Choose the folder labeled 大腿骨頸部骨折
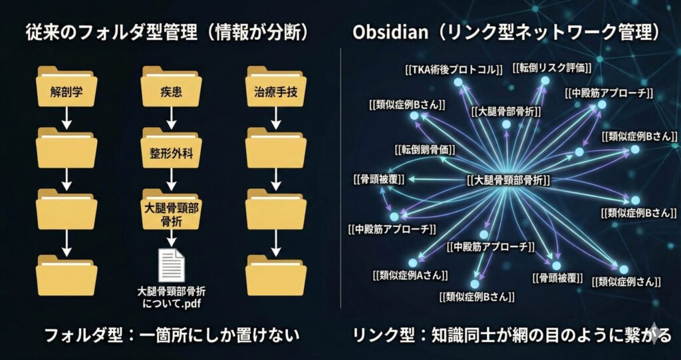171,212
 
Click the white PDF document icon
170,264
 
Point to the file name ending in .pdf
170,298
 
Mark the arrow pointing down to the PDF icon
171,238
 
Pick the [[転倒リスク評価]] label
552,67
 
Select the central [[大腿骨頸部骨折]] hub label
509,180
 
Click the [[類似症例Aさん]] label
410,273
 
